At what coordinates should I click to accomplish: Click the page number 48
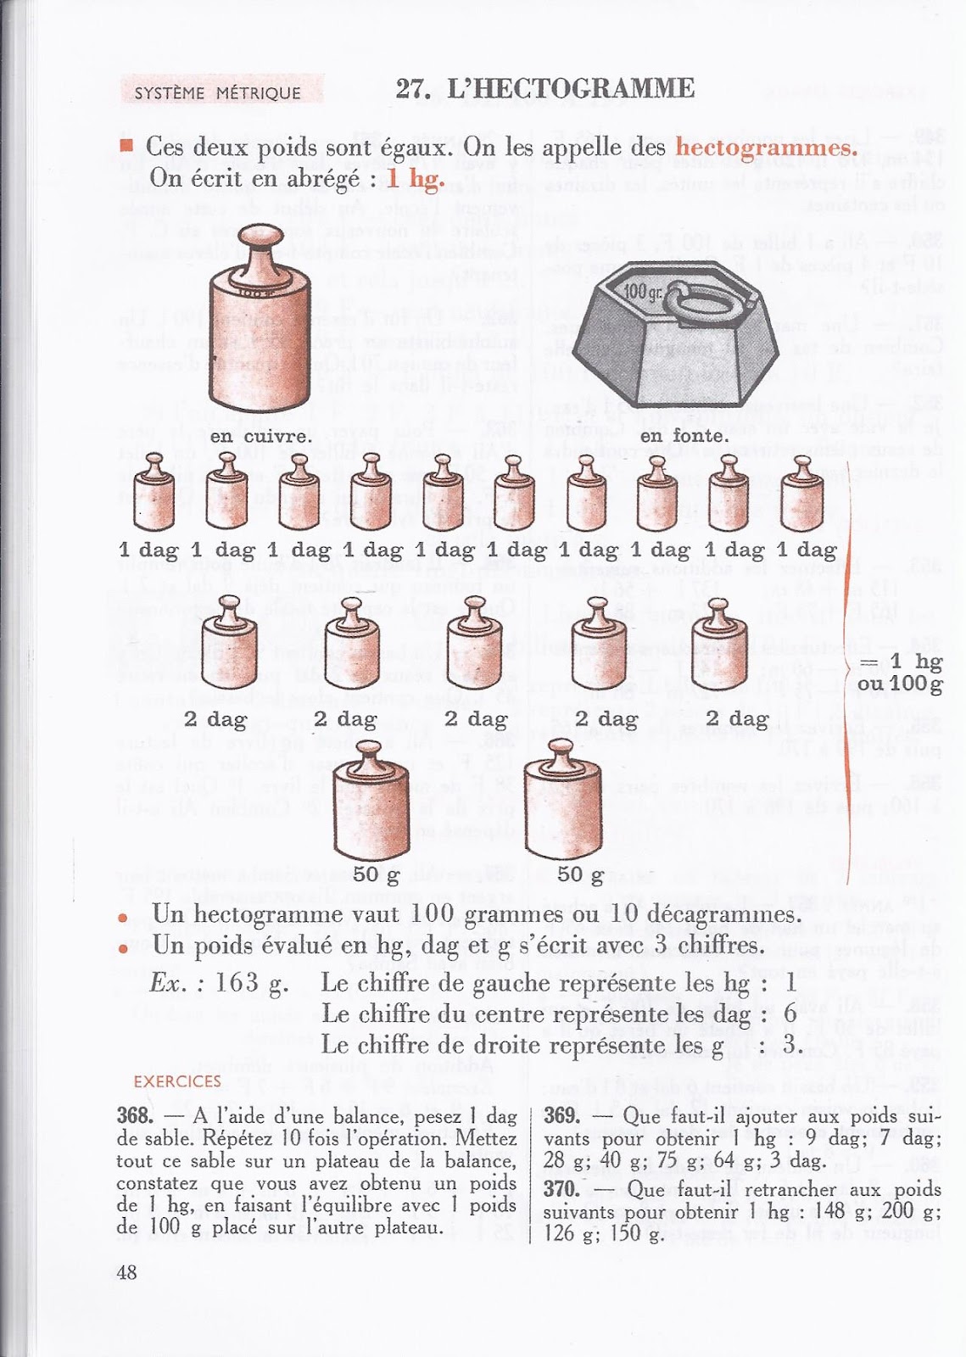(126, 1271)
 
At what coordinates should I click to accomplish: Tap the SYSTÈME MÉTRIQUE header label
(218, 92)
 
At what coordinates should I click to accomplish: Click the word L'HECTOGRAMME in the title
(571, 88)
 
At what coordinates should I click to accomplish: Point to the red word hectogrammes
(766, 147)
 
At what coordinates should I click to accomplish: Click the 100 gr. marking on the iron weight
(644, 292)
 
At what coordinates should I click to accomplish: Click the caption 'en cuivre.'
(259, 436)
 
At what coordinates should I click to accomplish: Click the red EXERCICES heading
(177, 1081)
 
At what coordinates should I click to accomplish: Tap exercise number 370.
(562, 1189)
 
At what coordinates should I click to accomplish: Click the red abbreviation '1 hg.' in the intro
(416, 178)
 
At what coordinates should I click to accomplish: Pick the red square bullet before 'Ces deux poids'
(127, 146)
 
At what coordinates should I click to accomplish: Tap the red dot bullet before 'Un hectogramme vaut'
(124, 918)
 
